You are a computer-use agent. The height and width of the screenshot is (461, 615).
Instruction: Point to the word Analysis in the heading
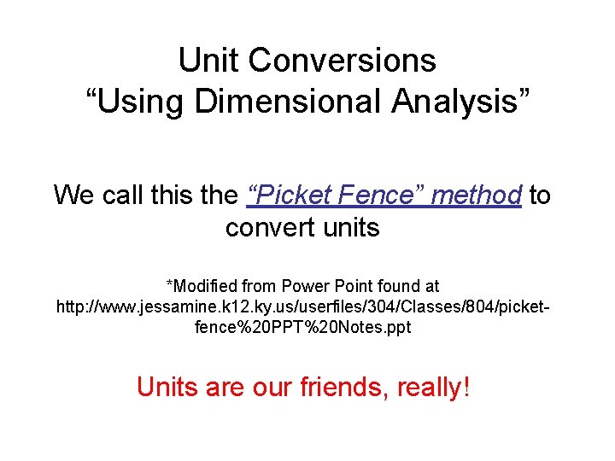462,101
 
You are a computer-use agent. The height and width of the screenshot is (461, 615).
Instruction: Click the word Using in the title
136,101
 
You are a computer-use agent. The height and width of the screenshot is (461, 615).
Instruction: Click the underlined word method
477,195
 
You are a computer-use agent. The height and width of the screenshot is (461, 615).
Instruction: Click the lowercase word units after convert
345,228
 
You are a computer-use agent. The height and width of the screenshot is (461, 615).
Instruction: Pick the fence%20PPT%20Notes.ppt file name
303,327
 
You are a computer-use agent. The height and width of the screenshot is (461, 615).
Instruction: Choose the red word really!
436,388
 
